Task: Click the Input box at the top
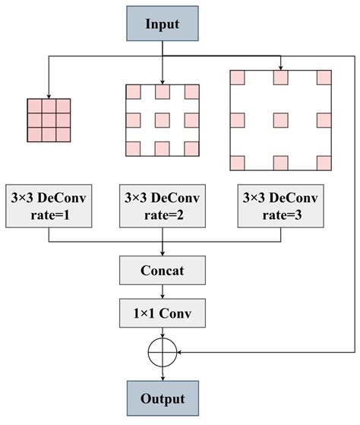pyautogui.click(x=163, y=24)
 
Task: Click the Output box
pyautogui.click(x=163, y=398)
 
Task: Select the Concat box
pyautogui.click(x=163, y=270)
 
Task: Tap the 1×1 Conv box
pyautogui.click(x=163, y=312)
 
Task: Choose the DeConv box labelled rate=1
pyautogui.click(x=49, y=205)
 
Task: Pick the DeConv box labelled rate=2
pyautogui.click(x=163, y=205)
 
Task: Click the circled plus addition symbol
pyautogui.click(x=163, y=350)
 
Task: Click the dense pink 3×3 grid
pyautogui.click(x=49, y=120)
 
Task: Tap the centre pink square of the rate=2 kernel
pyautogui.click(x=163, y=120)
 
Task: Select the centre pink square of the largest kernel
pyautogui.click(x=281, y=119)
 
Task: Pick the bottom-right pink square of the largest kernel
pyautogui.click(x=325, y=162)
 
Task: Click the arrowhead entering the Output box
pyautogui.click(x=163, y=378)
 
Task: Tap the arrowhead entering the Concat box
pyautogui.click(x=163, y=253)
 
